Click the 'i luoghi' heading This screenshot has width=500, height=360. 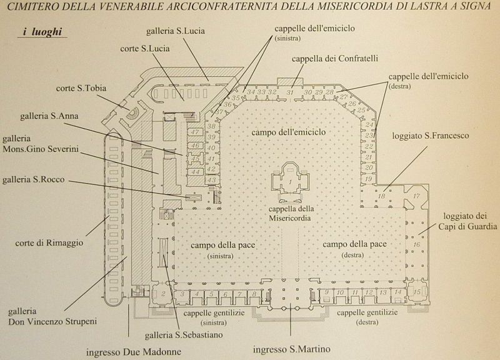42,32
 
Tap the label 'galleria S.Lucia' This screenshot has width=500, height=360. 176,31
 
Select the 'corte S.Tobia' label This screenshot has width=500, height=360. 81,88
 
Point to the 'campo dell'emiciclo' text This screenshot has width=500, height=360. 289,132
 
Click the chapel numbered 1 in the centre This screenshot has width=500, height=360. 290,182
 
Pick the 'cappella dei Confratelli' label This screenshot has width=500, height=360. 335,59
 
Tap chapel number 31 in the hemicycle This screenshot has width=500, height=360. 289,92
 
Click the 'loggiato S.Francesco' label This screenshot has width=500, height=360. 431,136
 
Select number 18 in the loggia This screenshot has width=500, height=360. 381,196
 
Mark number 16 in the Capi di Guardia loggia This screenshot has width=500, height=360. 416,244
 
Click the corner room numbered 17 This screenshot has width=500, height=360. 416,196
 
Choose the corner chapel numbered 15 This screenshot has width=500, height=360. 417,292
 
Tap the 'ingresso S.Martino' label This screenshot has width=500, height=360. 291,349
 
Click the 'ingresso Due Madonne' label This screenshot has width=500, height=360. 134,352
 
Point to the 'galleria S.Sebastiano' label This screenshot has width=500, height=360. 184,335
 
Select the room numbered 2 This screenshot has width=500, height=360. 163,294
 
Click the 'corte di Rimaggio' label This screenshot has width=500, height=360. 49,243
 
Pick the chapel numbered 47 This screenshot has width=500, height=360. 195,132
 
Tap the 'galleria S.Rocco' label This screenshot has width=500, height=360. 34,179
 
